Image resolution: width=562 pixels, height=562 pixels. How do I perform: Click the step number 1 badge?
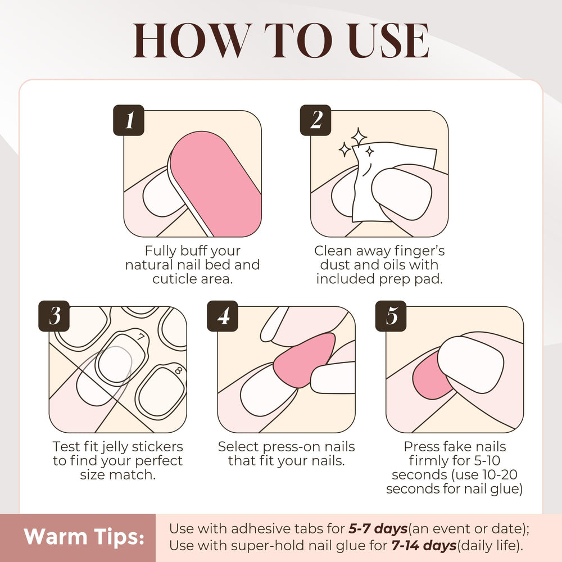129,120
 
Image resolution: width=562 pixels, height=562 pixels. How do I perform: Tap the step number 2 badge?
315,120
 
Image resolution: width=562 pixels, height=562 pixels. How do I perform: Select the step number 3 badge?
54,316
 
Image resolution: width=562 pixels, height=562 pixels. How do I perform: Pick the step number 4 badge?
223,316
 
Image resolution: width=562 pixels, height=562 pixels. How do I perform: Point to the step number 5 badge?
391,316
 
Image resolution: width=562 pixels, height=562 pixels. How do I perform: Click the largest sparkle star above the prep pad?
359,137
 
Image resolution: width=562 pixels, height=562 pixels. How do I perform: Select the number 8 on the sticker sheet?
178,370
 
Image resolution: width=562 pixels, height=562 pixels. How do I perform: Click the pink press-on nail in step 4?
305,360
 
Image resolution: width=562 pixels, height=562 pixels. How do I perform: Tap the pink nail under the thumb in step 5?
430,377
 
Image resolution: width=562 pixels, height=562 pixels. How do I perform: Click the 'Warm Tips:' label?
84,537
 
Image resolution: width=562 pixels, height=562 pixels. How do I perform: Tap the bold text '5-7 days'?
378,529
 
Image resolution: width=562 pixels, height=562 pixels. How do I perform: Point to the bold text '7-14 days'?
424,546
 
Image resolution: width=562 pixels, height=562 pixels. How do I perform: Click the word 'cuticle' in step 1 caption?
175,279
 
